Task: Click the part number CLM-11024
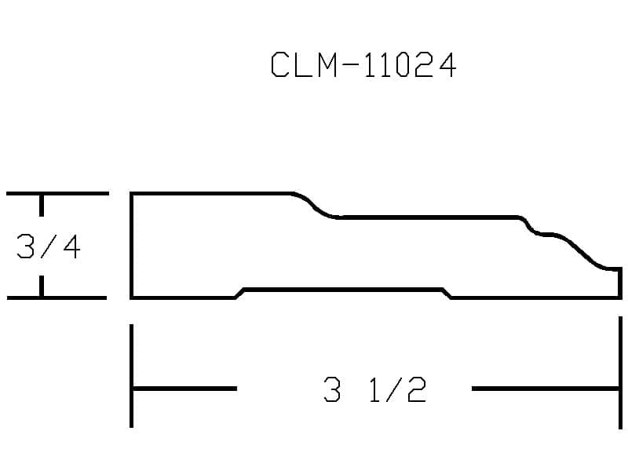(363, 64)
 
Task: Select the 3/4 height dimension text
(49, 246)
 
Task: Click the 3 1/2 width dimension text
(375, 389)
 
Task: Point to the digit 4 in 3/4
(72, 246)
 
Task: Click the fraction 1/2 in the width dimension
(398, 389)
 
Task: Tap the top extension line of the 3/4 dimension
(57, 194)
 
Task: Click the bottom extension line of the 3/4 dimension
(57, 298)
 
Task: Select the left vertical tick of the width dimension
(131, 376)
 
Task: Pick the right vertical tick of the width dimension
(620, 372)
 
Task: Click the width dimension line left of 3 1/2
(184, 389)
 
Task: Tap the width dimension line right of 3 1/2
(546, 389)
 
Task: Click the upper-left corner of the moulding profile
(131, 194)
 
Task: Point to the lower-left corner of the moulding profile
(131, 298)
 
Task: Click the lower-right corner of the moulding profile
(620, 298)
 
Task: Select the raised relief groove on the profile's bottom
(343, 289)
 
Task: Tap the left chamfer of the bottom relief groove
(239, 294)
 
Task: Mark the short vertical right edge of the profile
(620, 283)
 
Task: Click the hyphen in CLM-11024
(351, 65)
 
